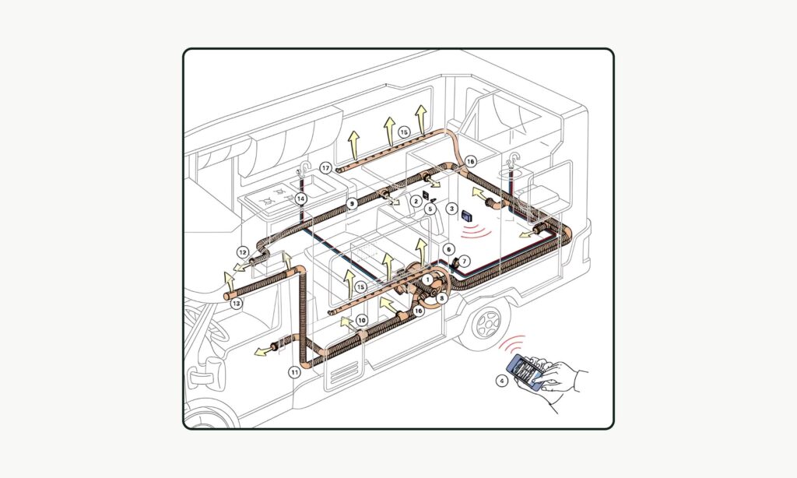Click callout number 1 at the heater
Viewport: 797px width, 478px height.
pos(427,279)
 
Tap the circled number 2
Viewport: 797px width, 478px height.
pos(416,201)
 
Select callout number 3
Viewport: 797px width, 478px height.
pos(451,208)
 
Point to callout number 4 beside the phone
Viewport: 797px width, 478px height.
pos(502,381)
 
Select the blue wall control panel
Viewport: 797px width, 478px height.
pos(468,216)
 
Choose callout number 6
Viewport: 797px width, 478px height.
pos(448,248)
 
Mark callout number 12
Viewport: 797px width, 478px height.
pos(243,252)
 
